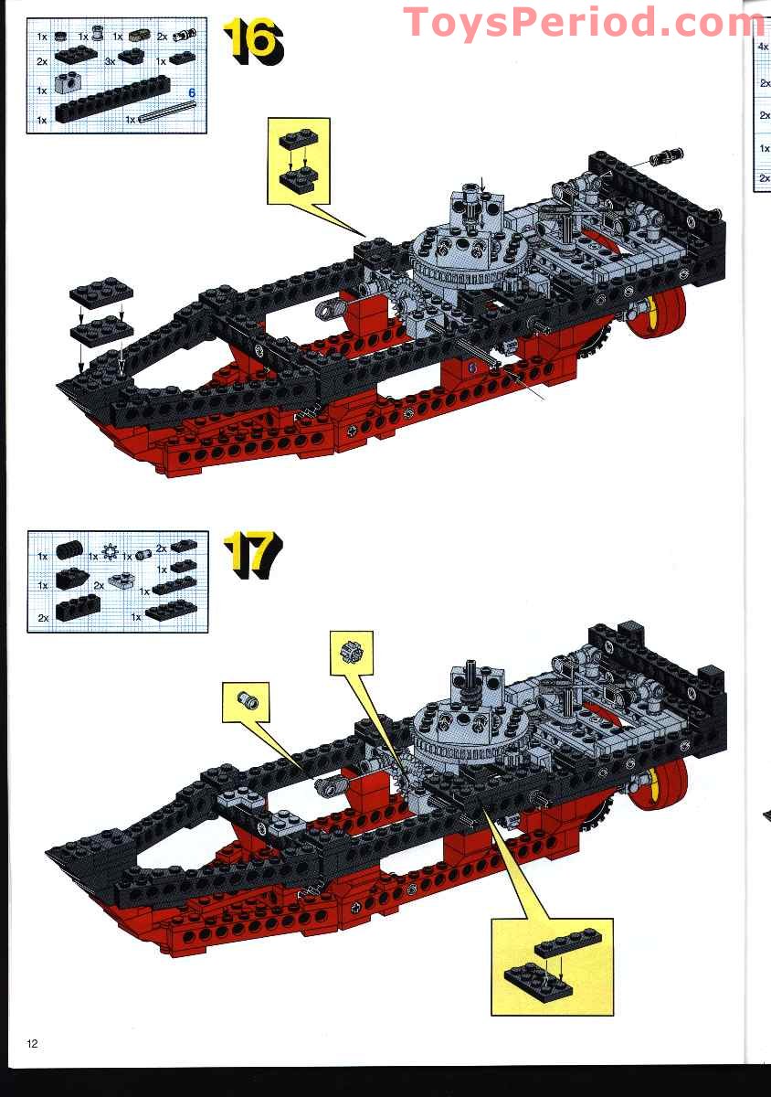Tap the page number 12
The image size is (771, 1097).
[33, 1044]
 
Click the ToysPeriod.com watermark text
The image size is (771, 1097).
[585, 22]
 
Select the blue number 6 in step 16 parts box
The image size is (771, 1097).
[192, 93]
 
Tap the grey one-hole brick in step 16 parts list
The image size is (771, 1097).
[66, 87]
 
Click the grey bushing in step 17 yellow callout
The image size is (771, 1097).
[247, 702]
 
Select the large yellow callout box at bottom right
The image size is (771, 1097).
[551, 966]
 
